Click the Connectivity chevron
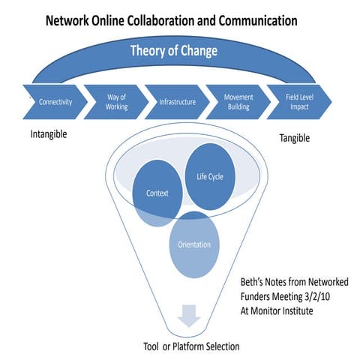[x=55, y=101]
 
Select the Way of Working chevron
[x=117, y=101]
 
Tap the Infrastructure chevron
[x=178, y=101]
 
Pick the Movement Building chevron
[x=239, y=101]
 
